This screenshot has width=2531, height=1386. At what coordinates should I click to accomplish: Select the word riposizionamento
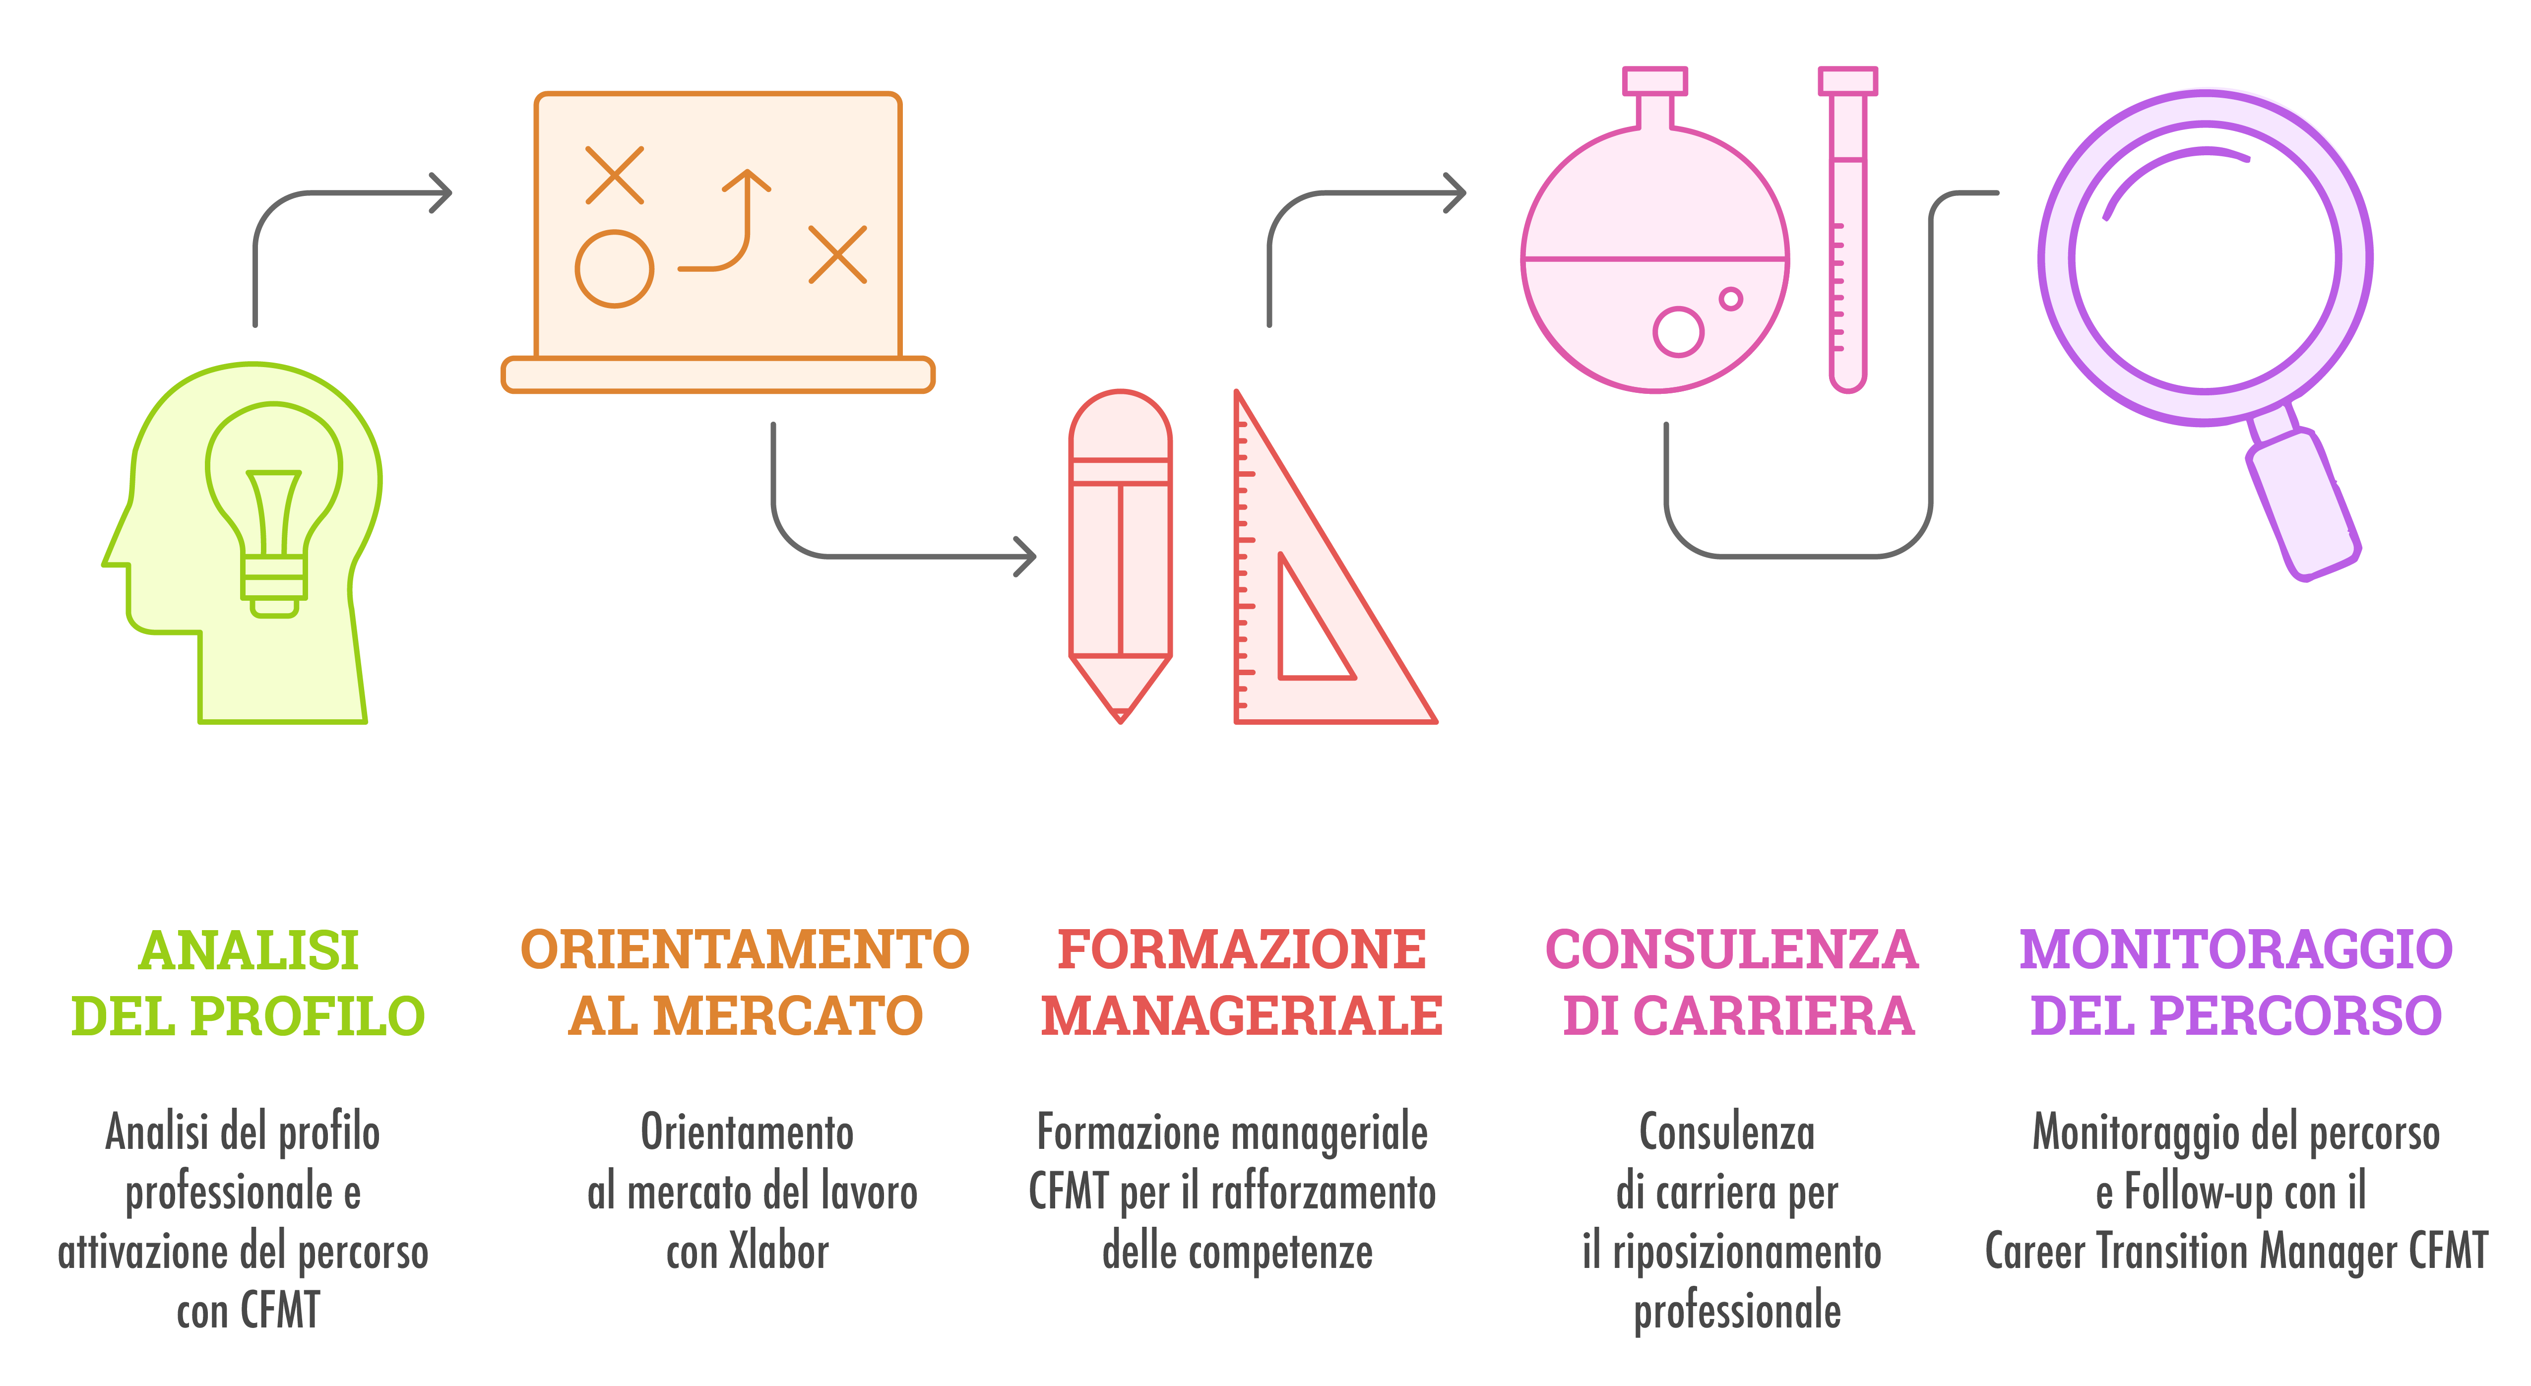(1747, 1253)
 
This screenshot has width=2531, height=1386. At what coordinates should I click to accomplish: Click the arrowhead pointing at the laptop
(442, 192)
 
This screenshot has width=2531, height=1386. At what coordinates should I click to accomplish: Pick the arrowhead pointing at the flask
(1456, 192)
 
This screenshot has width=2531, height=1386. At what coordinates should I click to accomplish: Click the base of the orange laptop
(717, 375)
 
